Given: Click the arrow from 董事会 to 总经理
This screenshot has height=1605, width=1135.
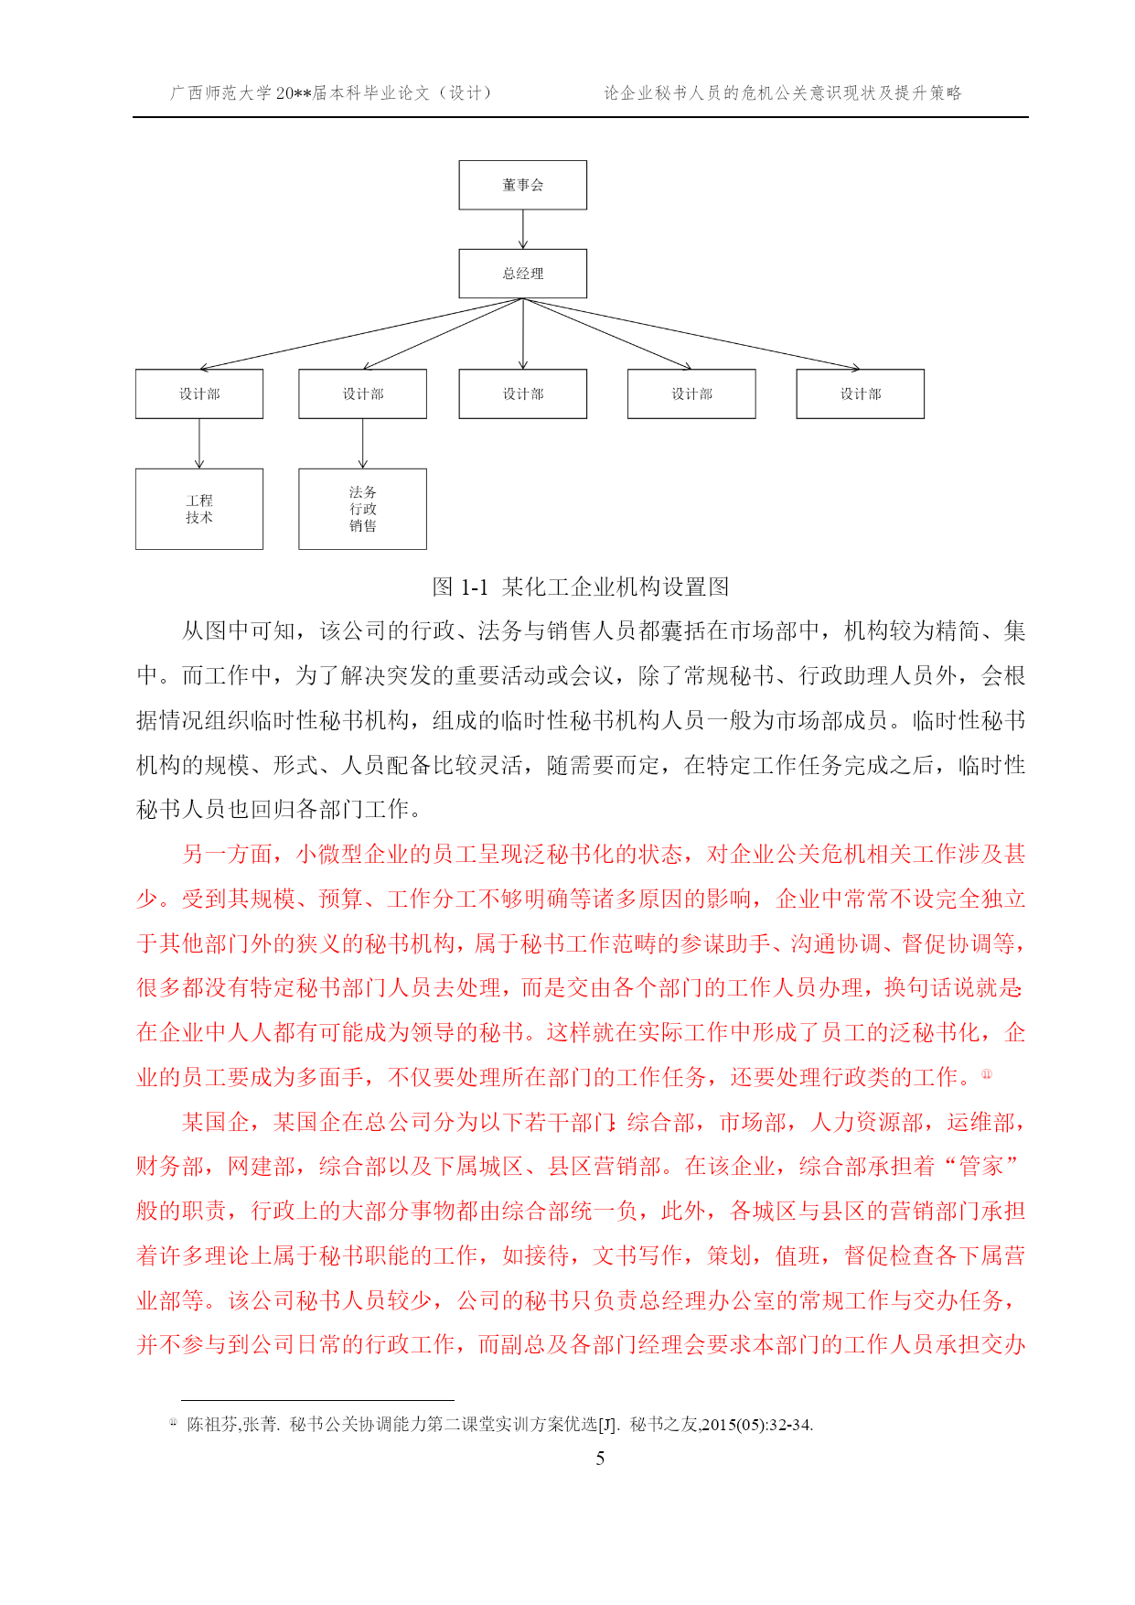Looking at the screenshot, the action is coord(523,229).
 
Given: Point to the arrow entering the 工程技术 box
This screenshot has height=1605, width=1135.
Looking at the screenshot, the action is coord(199,444).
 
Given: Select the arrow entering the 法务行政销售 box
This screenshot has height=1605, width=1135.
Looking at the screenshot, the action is coord(363,444).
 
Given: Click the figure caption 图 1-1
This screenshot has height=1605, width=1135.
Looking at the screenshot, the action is coord(460,587).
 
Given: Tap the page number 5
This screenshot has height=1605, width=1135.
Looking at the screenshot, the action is coord(600,1459).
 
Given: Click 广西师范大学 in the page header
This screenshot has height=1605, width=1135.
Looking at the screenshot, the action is coord(221,93).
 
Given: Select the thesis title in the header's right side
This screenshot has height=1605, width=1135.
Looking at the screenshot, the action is coord(783,93).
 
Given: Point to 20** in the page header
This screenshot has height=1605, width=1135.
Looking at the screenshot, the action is coord(294,93).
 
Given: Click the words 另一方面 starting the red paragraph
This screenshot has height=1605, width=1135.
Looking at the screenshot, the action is coord(228,855).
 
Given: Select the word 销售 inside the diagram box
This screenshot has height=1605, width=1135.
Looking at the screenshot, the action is coord(363,526).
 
